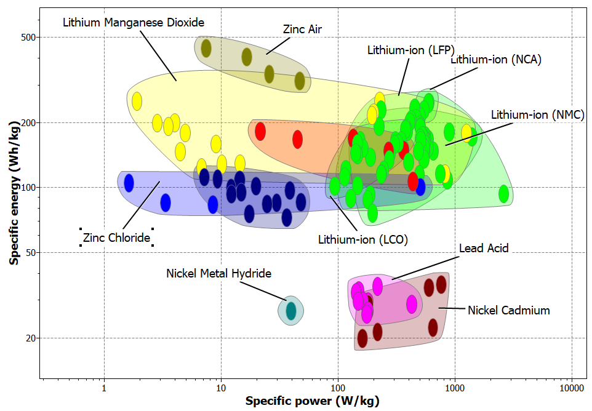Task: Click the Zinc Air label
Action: (x=302, y=29)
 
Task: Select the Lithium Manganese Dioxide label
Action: (x=134, y=22)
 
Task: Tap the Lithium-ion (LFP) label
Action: (x=410, y=50)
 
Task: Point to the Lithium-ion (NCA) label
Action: (x=496, y=60)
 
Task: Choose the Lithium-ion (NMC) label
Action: (x=537, y=114)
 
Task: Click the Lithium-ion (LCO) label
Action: (x=363, y=239)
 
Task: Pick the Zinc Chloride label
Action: (x=116, y=237)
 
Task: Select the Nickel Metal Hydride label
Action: (x=218, y=273)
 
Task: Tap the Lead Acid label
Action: (x=484, y=248)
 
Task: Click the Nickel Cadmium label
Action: (x=508, y=310)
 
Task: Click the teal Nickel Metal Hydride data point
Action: (x=290, y=311)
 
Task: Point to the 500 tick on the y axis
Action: (x=26, y=38)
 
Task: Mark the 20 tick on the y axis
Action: (x=28, y=338)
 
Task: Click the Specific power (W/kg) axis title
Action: (x=312, y=402)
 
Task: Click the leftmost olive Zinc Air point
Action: (x=206, y=48)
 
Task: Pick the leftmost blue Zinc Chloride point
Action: (x=129, y=183)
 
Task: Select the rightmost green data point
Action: (x=504, y=194)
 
